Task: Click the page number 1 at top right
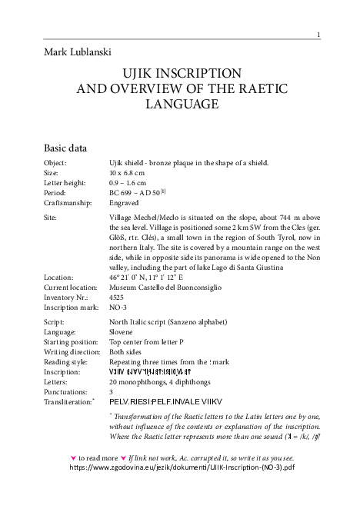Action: (x=318, y=34)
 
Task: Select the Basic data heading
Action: (x=65, y=148)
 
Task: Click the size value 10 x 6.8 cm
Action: (x=127, y=174)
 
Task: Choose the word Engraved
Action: (x=125, y=204)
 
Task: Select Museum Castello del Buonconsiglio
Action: (x=165, y=287)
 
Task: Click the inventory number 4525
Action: (x=118, y=297)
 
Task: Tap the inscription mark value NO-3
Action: (x=119, y=307)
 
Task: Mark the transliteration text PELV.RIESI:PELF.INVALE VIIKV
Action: (x=170, y=401)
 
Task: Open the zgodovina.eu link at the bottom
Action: (x=182, y=467)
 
